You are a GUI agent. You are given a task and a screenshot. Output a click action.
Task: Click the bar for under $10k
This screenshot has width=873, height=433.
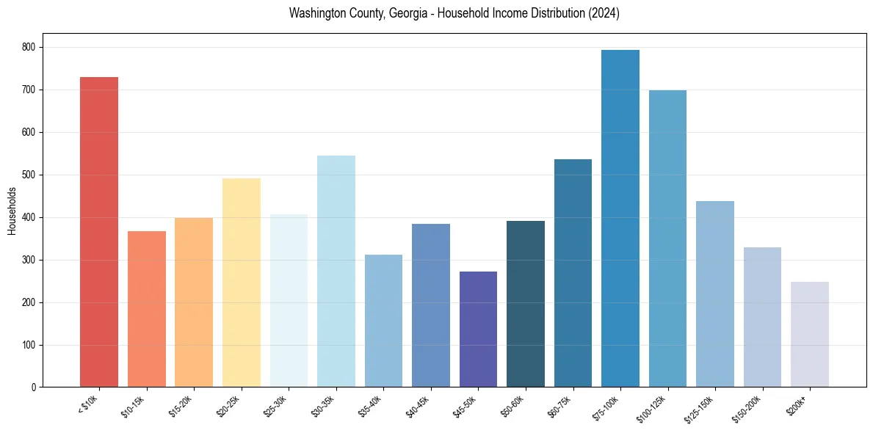point(99,232)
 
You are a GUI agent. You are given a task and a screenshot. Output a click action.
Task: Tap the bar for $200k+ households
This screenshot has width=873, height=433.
point(810,334)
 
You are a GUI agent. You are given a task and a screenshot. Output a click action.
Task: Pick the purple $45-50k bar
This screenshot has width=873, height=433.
point(478,329)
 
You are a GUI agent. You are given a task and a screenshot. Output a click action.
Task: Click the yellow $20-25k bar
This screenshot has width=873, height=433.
point(242,283)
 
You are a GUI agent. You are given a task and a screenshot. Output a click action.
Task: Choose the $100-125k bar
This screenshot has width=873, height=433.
point(667,239)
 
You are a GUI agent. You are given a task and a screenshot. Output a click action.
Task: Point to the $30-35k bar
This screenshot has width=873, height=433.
point(336,271)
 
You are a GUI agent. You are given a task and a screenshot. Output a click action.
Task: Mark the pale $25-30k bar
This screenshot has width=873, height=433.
point(289,300)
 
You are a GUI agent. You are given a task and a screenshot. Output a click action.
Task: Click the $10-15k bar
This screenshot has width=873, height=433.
point(147,309)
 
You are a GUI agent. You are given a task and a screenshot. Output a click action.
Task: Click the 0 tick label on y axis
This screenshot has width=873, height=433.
point(34,387)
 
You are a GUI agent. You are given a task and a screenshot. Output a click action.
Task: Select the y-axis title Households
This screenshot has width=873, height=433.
point(12,211)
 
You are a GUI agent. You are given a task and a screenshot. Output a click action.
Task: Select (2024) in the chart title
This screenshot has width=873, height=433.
point(604,14)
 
